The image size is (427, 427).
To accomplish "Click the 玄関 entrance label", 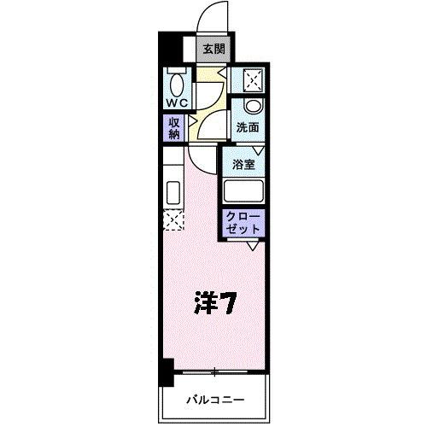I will pyautogui.click(x=213, y=48).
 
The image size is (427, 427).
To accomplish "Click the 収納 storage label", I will pyautogui.click(x=174, y=127).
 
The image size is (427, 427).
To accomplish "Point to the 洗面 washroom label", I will pyautogui.click(x=248, y=128).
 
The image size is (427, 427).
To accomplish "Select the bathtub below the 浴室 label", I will pyautogui.click(x=243, y=190).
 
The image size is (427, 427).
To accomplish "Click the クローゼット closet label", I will pyautogui.click(x=243, y=224).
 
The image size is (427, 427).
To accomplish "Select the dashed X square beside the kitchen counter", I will pyautogui.click(x=173, y=220).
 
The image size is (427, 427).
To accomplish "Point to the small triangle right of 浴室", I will pyautogui.click(x=256, y=152).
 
